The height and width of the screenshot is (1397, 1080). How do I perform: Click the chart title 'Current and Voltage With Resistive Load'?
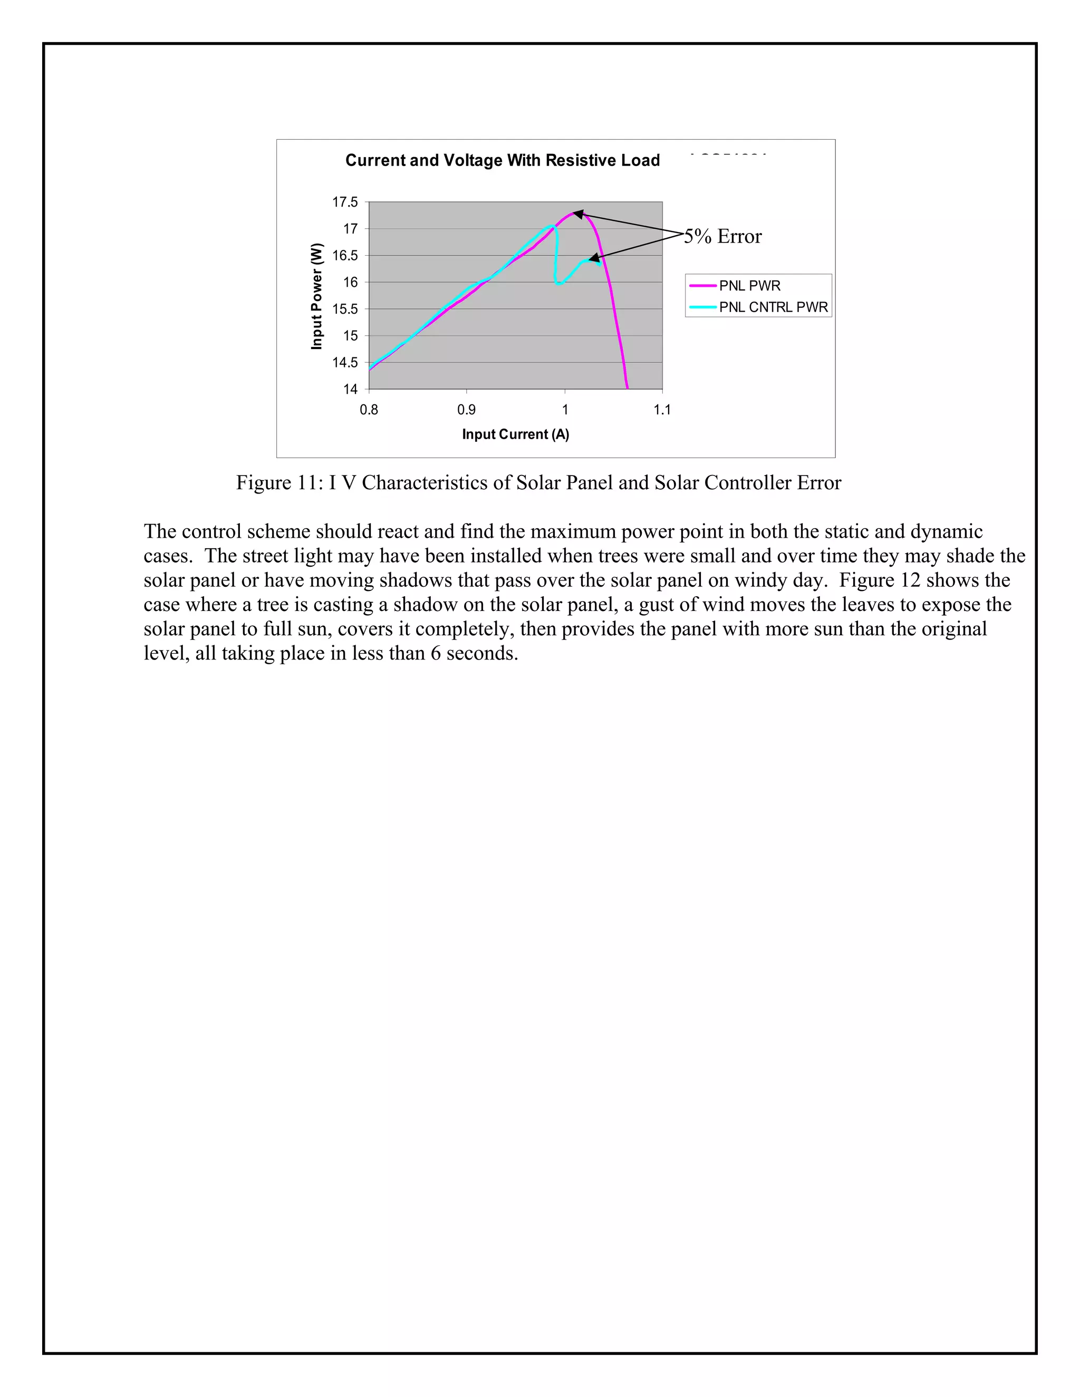pos(502,161)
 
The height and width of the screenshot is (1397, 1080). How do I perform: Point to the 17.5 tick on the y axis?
pos(345,202)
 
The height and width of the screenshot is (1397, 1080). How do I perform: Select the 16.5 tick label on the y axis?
pos(345,256)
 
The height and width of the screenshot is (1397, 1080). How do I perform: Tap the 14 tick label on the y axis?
pos(350,389)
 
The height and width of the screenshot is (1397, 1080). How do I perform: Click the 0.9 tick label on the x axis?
pos(466,410)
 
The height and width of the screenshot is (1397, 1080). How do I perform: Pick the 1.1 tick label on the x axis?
pos(662,410)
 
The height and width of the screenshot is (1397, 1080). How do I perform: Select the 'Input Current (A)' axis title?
pos(515,434)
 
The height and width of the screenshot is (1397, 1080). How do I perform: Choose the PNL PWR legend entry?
pos(749,286)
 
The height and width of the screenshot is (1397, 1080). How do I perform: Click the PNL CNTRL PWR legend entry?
pos(773,307)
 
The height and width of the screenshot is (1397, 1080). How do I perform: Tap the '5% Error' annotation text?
pos(723,237)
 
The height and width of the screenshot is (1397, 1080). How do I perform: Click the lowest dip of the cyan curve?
pos(559,284)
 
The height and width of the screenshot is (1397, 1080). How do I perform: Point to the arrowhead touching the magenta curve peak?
pos(577,214)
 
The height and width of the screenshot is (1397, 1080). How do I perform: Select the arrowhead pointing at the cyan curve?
pos(594,258)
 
